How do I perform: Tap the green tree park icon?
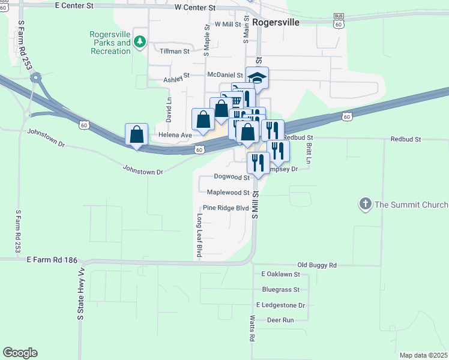pos(140,41)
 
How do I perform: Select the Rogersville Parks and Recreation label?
pos(110,43)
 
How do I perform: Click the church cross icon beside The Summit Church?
pos(365,205)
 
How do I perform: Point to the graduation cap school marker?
pos(257,79)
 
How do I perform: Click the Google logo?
pos(20,352)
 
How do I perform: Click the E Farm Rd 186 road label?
pos(52,259)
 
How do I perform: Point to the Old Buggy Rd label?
pos(317,265)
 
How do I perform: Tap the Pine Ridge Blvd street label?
pos(225,208)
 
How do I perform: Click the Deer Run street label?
pos(280,320)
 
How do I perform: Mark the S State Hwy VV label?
pos(80,301)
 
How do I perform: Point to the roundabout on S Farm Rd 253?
pos(36,77)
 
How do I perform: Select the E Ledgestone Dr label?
pos(280,305)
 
